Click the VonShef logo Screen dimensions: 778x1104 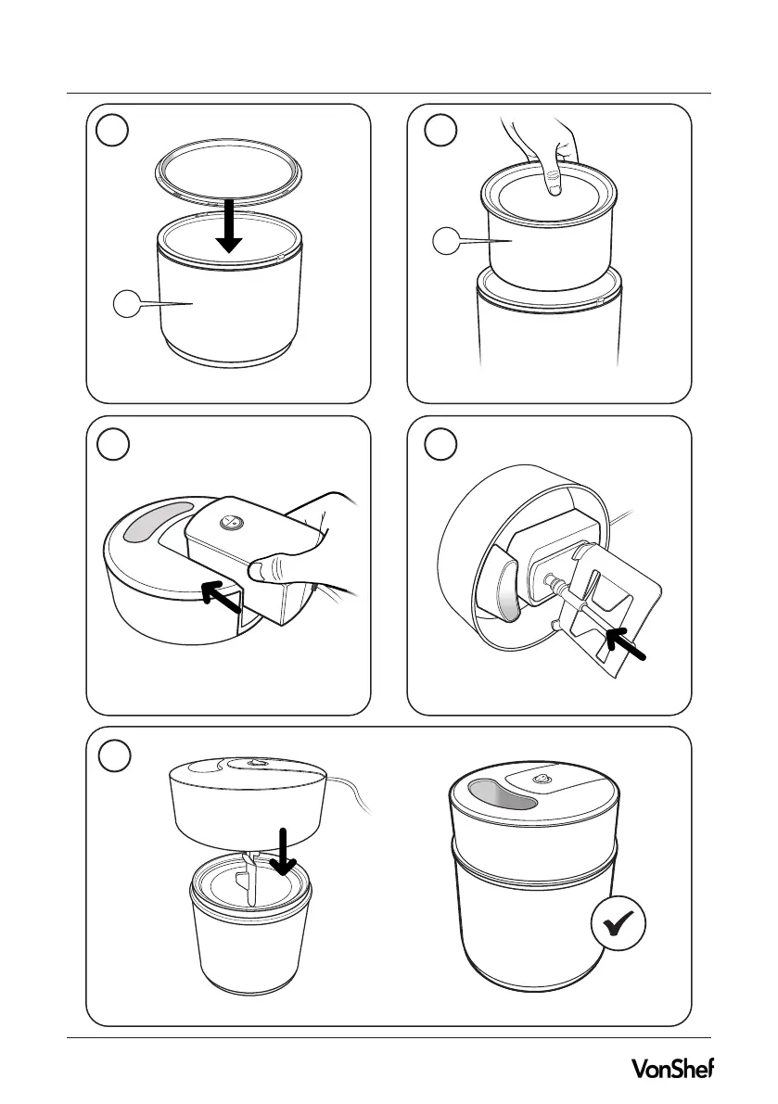point(671,1068)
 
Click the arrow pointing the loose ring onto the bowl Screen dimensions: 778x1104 point(229,226)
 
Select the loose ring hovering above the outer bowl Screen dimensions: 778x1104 point(229,176)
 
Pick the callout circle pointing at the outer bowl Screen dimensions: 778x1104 point(127,304)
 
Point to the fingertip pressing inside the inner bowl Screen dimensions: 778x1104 point(553,183)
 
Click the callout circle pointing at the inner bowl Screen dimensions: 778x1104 point(446,242)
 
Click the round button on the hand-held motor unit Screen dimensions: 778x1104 point(230,523)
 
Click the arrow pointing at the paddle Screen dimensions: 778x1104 point(625,644)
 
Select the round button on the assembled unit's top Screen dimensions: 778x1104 point(542,778)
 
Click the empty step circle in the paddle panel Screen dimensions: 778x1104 point(440,444)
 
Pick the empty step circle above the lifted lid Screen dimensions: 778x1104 point(114,756)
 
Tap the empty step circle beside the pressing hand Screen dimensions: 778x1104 point(440,131)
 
